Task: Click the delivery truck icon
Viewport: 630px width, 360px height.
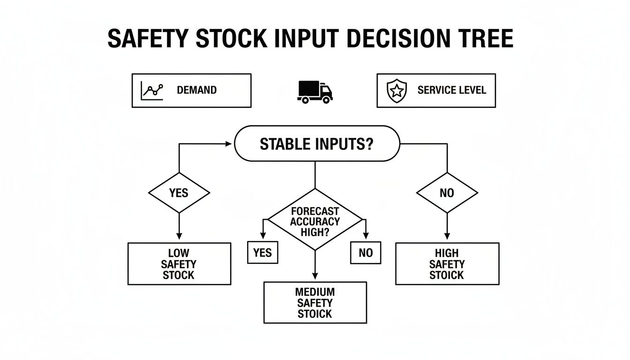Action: (x=315, y=91)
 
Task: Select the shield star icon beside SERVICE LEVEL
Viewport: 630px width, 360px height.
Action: (x=397, y=90)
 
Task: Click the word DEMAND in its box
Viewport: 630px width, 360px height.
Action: (x=197, y=90)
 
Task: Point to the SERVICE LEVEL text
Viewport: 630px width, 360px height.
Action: (x=451, y=90)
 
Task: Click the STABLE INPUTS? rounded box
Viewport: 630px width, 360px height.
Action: (x=316, y=144)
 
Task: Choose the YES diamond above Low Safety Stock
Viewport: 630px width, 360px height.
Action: (x=179, y=193)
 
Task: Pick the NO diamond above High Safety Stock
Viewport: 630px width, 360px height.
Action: (x=447, y=193)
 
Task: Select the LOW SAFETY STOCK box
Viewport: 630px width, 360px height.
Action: (x=179, y=264)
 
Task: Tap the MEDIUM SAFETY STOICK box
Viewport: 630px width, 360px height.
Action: (x=315, y=303)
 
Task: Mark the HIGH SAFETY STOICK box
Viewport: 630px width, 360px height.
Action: (x=447, y=264)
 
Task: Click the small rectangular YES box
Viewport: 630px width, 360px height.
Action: (x=262, y=253)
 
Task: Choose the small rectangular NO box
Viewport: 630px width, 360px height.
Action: (x=366, y=253)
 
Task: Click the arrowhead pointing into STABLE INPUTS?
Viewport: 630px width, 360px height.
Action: (x=229, y=144)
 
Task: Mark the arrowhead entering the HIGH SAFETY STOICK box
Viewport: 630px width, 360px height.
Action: (x=447, y=239)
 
